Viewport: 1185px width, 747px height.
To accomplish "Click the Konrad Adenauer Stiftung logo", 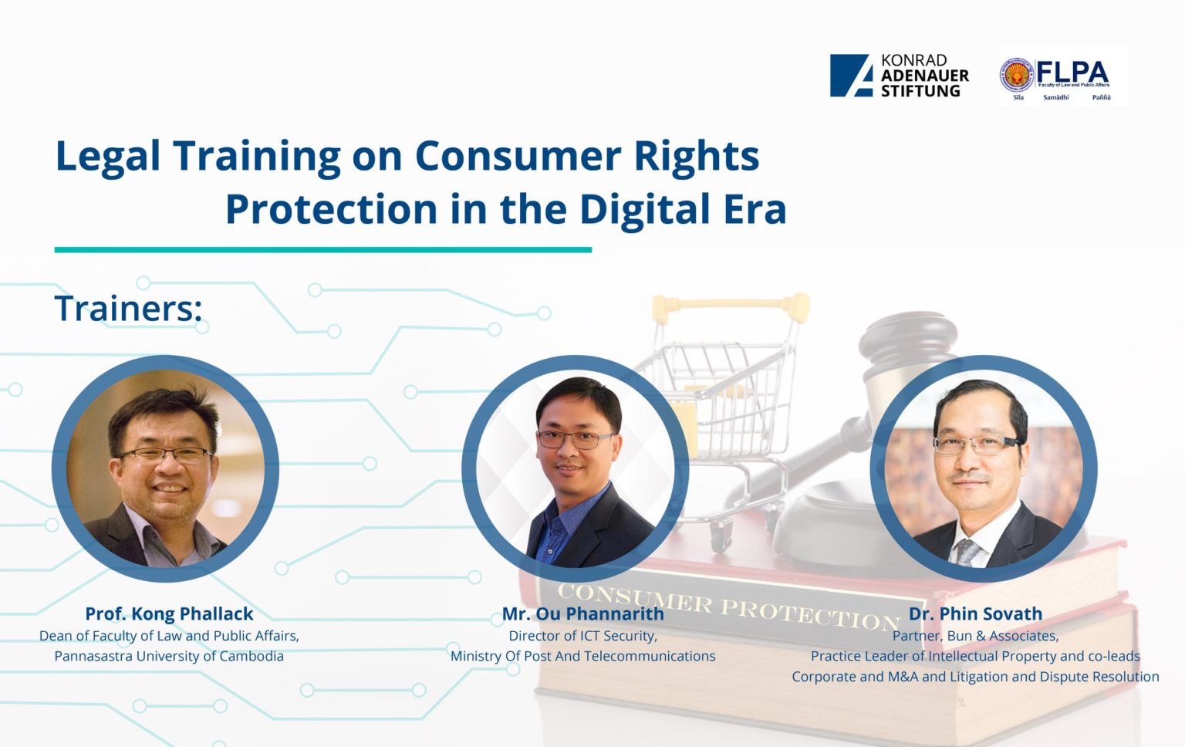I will (x=899, y=76).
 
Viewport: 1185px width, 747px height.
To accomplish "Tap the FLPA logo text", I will (x=1072, y=73).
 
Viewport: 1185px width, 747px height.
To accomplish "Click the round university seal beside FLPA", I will (x=1018, y=76).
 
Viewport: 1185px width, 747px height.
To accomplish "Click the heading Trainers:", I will (x=128, y=309).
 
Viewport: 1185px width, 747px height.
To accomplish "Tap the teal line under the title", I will (x=322, y=249).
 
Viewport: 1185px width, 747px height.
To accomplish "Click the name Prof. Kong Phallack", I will (x=169, y=613).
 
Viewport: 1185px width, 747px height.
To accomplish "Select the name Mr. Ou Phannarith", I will (x=582, y=613).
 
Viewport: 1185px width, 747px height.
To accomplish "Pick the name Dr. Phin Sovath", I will (x=975, y=613).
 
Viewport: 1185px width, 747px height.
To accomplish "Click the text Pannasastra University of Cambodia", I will (x=169, y=656).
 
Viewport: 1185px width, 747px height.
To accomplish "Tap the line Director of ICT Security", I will (x=582, y=636).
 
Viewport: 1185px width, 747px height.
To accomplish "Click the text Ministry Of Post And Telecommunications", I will (x=582, y=656).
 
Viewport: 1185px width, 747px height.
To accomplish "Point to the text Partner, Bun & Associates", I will (x=975, y=636).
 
